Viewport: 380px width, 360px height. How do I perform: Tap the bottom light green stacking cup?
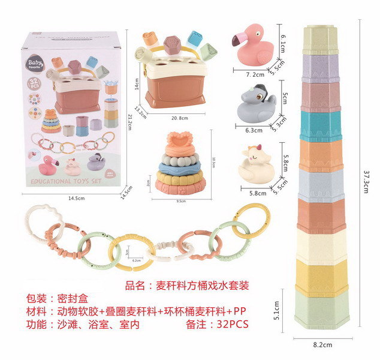click(321, 313)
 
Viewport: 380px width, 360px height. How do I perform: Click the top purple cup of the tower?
click(321, 65)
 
